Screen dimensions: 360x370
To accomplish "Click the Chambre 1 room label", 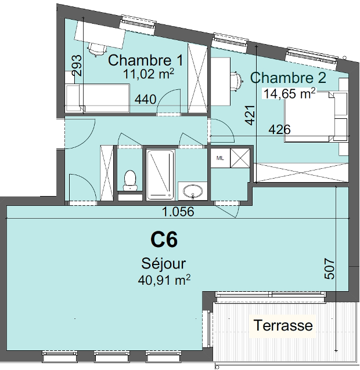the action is pyautogui.click(x=146, y=60).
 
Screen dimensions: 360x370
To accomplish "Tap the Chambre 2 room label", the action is pyautogui.click(x=288, y=77).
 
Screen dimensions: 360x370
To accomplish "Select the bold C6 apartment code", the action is pyautogui.click(x=164, y=240).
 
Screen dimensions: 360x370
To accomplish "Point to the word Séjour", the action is pyautogui.click(x=164, y=263).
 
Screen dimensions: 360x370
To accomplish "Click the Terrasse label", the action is pyautogui.click(x=283, y=325).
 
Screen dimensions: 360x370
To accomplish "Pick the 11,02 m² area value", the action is pyautogui.click(x=149, y=74).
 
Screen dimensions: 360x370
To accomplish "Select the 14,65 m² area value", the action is pyautogui.click(x=289, y=93).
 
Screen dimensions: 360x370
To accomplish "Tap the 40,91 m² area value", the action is pyautogui.click(x=164, y=280).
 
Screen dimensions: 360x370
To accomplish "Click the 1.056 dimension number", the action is pyautogui.click(x=178, y=212).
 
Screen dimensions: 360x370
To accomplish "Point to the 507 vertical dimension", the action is pyautogui.click(x=330, y=269).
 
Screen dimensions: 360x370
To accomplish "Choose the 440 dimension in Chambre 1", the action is pyautogui.click(x=145, y=99).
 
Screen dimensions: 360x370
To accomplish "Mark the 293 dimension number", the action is pyautogui.click(x=77, y=66).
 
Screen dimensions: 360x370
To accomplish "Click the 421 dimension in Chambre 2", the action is pyautogui.click(x=250, y=115).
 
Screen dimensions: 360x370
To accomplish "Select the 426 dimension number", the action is pyautogui.click(x=279, y=129).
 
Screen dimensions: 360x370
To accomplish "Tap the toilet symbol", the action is pyautogui.click(x=130, y=180).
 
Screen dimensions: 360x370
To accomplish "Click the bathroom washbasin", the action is pyautogui.click(x=193, y=191).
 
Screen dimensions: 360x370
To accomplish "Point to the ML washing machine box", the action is pyautogui.click(x=220, y=158).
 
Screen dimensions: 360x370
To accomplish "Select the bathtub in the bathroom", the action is pyautogui.click(x=161, y=175).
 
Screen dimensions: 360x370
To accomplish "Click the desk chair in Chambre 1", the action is pyautogui.click(x=97, y=50).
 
